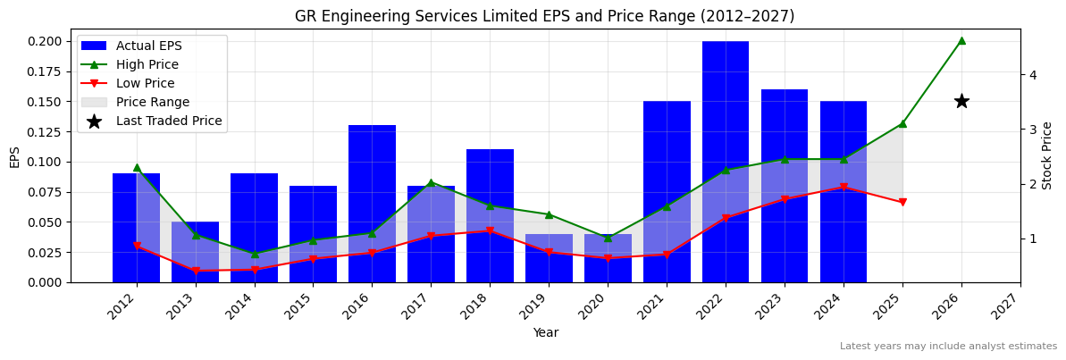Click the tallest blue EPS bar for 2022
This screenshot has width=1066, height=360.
725,161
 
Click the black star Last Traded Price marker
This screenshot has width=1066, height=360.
961,101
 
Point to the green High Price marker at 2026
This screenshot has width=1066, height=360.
961,40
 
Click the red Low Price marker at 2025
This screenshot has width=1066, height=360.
902,203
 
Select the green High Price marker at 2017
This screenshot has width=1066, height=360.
431,183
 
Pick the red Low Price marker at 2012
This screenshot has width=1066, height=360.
137,247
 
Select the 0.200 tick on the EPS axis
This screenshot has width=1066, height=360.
45,41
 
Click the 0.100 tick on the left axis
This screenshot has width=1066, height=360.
45,162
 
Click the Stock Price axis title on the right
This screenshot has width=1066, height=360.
1048,155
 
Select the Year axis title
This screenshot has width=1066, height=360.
545,333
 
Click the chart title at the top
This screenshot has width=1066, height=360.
544,16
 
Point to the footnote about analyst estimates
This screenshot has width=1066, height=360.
948,347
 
